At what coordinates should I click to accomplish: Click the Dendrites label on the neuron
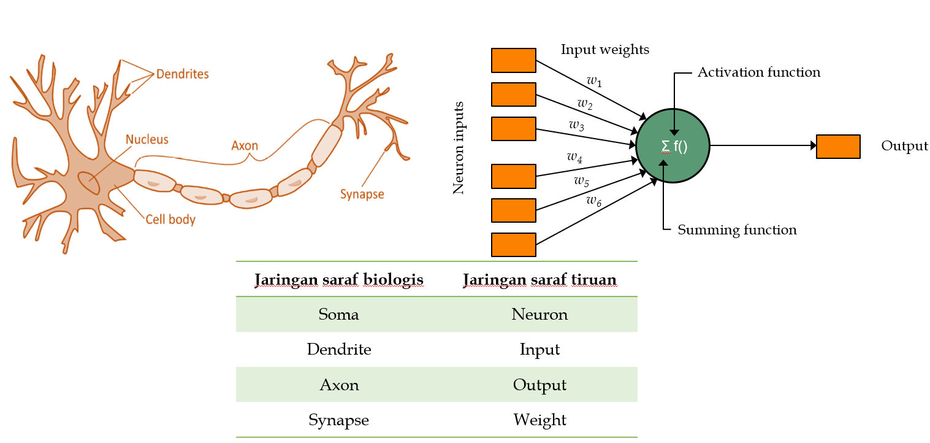coord(182,74)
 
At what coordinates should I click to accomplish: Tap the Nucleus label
coord(147,139)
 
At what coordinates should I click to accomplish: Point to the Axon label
coord(245,146)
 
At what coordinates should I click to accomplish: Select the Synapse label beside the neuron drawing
coord(362,195)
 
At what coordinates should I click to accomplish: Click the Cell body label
coord(170,219)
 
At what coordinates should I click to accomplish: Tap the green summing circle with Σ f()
coord(673,146)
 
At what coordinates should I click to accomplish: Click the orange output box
coord(838,147)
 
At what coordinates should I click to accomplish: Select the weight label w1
coord(594,80)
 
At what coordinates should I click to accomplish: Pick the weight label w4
coord(574,158)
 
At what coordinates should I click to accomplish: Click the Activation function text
coord(758,72)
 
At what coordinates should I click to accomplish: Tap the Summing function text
coord(737,230)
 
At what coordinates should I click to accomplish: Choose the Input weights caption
coord(604,49)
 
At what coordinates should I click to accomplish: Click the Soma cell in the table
coord(338,315)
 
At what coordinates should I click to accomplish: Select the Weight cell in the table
coord(539,420)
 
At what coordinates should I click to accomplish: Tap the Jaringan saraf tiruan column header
coord(539,280)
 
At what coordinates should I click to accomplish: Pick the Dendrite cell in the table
coord(339,350)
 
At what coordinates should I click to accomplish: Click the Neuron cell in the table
coord(539,315)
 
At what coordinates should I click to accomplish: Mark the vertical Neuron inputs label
coord(459,148)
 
